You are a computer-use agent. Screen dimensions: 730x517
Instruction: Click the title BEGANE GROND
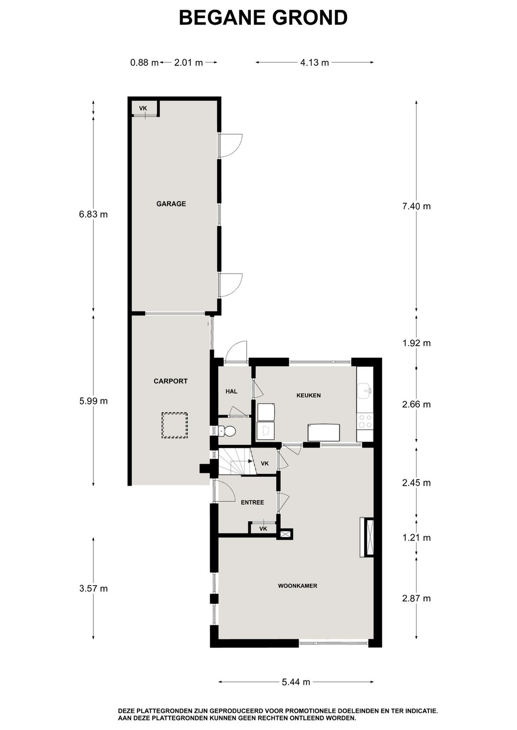(263, 18)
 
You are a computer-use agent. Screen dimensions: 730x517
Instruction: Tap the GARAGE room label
(171, 204)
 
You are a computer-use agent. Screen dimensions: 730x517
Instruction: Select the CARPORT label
(170, 381)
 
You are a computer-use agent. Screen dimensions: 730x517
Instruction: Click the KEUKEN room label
(308, 396)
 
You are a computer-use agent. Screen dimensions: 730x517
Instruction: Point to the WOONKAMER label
(297, 586)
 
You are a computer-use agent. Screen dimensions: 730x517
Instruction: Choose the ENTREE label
(252, 502)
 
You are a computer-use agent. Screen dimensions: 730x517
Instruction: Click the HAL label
(231, 391)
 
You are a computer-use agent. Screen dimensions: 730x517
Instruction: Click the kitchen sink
(365, 390)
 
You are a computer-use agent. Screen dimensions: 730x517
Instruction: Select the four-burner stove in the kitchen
(365, 421)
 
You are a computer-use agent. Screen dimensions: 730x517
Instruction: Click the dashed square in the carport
(174, 425)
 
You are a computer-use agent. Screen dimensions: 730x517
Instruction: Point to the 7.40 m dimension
(416, 206)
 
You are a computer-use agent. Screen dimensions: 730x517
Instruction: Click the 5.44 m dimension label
(296, 682)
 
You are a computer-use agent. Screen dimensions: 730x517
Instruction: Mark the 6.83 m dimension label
(93, 214)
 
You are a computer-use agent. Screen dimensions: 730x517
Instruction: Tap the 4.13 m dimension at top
(315, 62)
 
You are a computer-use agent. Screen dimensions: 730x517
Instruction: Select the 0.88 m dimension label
(144, 62)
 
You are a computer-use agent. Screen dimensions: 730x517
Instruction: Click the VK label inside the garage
(143, 109)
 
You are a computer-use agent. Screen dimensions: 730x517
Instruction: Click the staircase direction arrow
(249, 461)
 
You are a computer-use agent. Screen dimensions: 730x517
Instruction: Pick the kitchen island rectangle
(324, 432)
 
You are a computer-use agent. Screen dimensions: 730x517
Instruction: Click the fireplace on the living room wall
(368, 537)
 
